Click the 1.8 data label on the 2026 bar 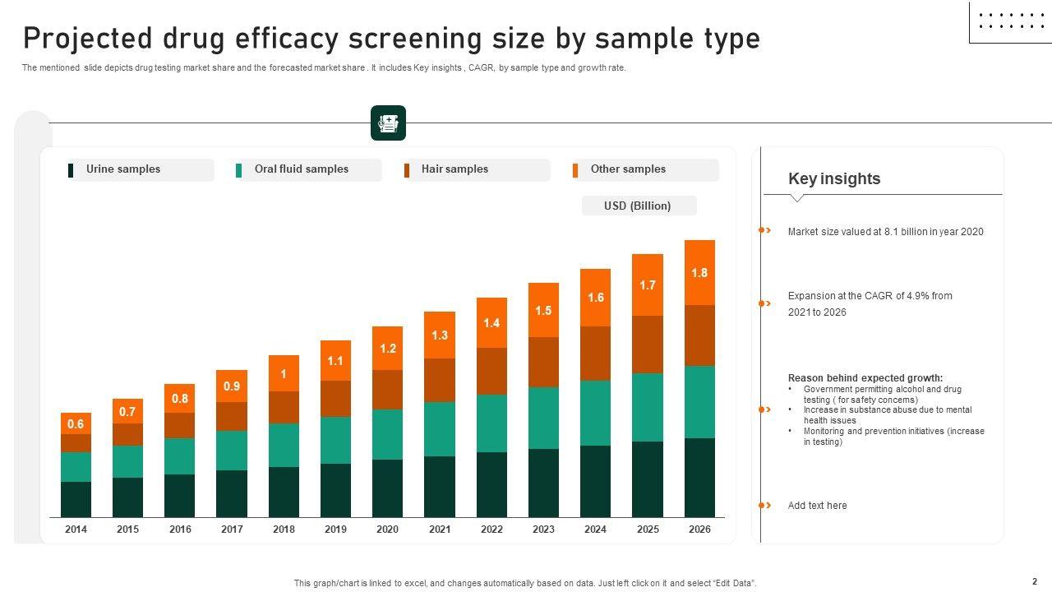[x=699, y=273]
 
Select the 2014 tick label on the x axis [x=76, y=530]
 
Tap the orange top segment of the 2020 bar [x=387, y=348]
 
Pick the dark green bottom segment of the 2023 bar [x=543, y=483]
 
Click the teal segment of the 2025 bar [x=648, y=407]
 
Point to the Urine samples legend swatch [x=71, y=170]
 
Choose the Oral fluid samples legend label [x=301, y=169]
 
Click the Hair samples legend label [x=454, y=169]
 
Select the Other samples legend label [x=628, y=169]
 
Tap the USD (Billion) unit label [x=638, y=206]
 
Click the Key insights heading [x=833, y=178]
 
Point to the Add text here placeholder [x=817, y=506]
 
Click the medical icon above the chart [x=388, y=123]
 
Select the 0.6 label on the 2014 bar [x=76, y=424]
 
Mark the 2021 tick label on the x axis [x=440, y=530]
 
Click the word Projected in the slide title [x=87, y=39]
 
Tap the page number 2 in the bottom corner [x=1035, y=581]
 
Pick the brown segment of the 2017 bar [x=232, y=416]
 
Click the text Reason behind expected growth [x=865, y=378]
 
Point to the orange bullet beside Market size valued [x=764, y=231]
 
